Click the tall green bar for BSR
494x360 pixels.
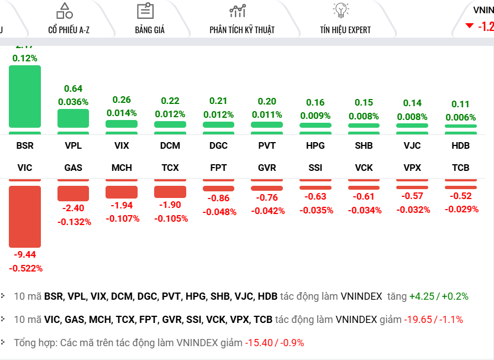click(x=25, y=97)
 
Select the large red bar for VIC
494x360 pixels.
click(x=25, y=216)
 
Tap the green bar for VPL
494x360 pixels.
click(x=73, y=118)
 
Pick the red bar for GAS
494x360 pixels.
click(x=73, y=193)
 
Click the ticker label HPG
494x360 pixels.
click(x=315, y=146)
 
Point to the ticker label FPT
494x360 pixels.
click(x=219, y=168)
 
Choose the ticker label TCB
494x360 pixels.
click(x=461, y=168)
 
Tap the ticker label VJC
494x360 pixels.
click(x=412, y=146)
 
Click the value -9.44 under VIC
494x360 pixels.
click(x=25, y=254)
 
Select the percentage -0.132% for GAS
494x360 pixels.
click(x=73, y=222)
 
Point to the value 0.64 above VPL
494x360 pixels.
click(x=73, y=88)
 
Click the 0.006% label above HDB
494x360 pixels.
click(x=461, y=117)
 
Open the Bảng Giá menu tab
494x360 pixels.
click(x=150, y=30)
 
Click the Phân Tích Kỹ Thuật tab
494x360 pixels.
click(x=242, y=30)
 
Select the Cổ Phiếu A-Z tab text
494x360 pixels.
click(x=69, y=30)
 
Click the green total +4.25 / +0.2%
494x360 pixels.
click(x=438, y=296)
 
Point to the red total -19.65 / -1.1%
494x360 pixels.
click(x=433, y=320)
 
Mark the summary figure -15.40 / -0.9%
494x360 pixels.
click(x=274, y=343)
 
